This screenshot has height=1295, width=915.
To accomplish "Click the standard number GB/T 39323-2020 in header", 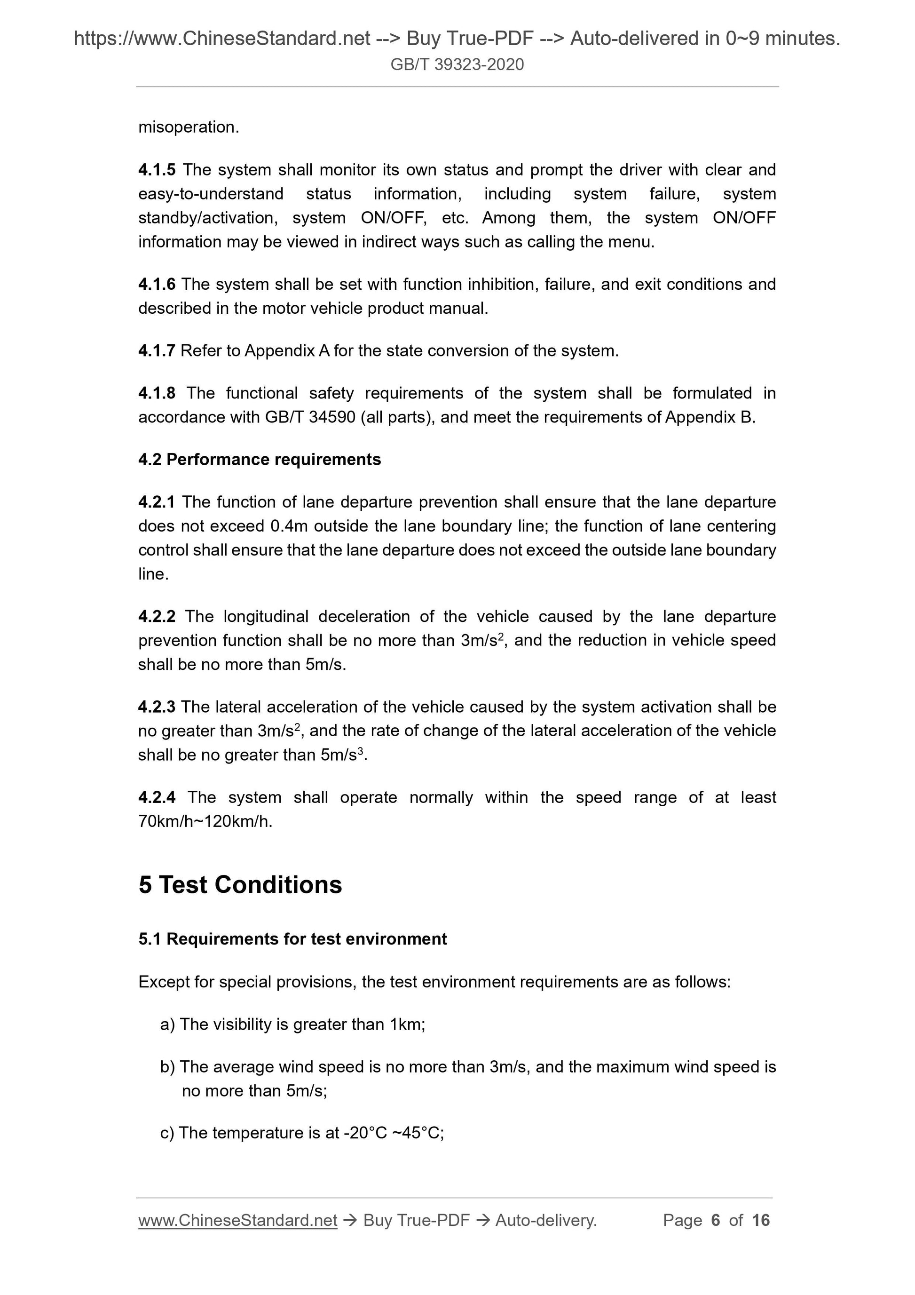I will [x=457, y=64].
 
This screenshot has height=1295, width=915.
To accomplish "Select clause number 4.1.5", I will [x=157, y=169].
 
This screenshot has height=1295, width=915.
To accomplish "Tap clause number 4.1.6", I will [x=157, y=284].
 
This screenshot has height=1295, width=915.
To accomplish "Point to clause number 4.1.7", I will [x=157, y=351].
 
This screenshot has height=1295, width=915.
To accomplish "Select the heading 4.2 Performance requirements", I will [x=260, y=459].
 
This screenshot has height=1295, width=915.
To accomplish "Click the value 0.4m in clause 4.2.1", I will [x=289, y=526].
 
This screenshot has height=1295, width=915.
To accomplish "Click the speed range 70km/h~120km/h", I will [x=205, y=821].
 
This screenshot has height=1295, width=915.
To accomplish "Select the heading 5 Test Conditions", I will [x=240, y=884].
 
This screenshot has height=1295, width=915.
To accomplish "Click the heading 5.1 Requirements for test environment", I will [x=292, y=938].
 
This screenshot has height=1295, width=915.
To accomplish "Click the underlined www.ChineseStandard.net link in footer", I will [x=237, y=1220].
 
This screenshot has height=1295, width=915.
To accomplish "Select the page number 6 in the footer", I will [x=716, y=1220].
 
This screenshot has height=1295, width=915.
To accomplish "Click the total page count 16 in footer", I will [x=760, y=1220].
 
